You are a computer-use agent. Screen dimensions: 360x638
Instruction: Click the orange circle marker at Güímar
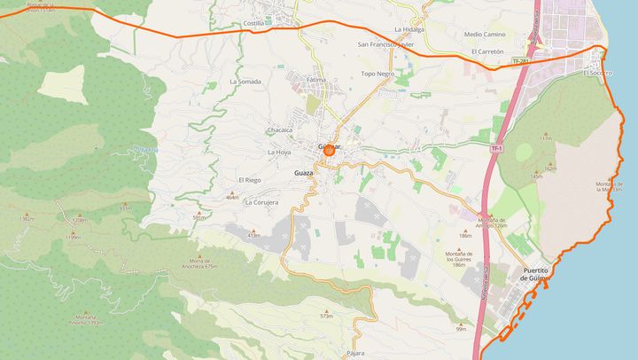coord(329,152)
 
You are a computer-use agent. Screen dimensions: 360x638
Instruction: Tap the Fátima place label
coord(316,80)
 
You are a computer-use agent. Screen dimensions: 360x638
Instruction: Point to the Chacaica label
coord(279,130)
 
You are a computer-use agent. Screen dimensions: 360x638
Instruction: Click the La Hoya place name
coord(279,153)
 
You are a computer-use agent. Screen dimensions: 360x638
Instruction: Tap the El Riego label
coord(249,180)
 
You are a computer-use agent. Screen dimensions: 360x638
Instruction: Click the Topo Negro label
coord(377,74)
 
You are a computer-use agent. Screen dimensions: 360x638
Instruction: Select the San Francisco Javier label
coord(385,43)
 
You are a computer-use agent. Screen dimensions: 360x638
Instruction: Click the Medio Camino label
coord(485,35)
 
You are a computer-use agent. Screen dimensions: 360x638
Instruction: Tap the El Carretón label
coord(487,51)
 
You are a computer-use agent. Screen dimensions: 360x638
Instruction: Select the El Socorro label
coord(598,73)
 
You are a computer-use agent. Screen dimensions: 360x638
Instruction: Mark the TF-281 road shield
coord(520,61)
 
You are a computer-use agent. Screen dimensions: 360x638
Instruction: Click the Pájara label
coord(356,352)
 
